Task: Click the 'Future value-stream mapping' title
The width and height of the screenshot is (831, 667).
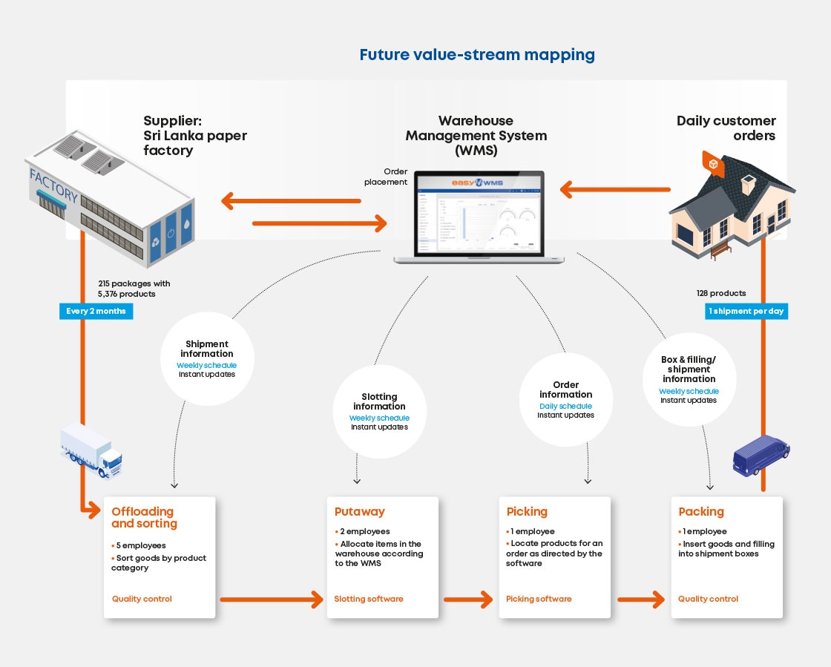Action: point(477,54)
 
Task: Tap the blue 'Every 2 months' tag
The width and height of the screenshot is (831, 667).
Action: point(96,311)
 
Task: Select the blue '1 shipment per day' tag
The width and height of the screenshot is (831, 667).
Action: point(746,311)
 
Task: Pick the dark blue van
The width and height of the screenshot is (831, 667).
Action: point(761,454)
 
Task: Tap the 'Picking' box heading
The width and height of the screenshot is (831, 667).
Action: point(527,511)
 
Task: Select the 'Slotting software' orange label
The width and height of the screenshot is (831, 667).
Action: point(369,599)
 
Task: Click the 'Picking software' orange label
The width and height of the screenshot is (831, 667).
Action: point(539,599)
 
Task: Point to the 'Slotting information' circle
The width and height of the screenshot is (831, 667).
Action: point(379,411)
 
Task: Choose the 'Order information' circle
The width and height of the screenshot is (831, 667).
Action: point(566,399)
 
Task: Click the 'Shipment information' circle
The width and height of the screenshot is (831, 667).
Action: point(207,359)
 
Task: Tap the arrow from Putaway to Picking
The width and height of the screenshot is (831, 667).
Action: point(468,599)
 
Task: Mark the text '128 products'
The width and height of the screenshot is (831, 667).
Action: point(721,293)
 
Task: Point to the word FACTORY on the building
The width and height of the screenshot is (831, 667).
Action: point(53,185)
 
